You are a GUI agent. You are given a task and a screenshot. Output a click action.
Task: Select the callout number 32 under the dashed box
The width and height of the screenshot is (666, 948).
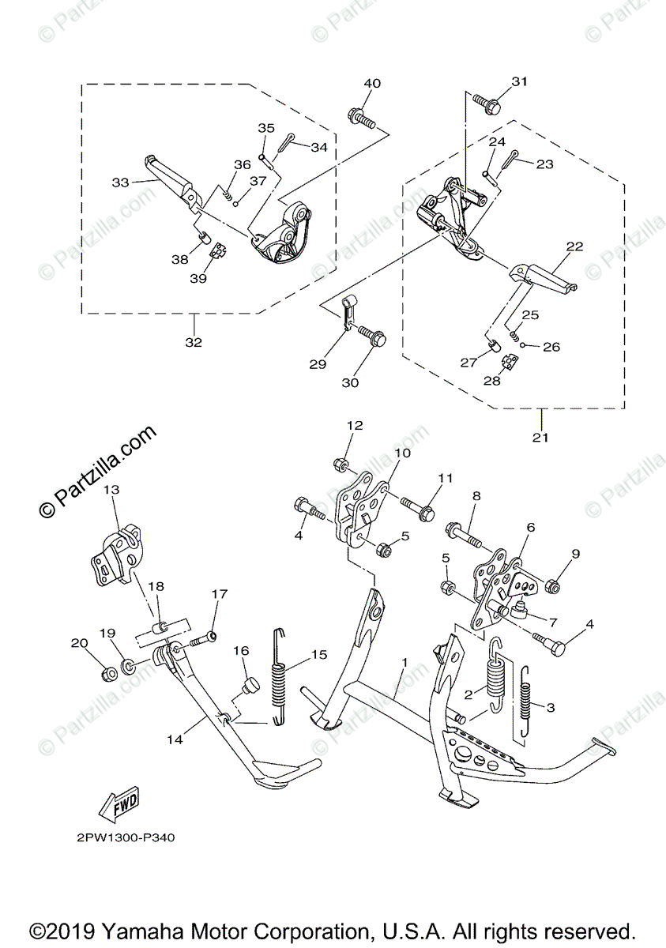click(193, 342)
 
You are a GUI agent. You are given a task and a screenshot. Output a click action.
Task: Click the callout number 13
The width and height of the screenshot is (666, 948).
click(111, 491)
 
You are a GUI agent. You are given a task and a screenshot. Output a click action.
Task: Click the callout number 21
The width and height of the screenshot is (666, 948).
click(540, 437)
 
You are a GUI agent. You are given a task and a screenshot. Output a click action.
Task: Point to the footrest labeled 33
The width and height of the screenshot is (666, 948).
click(171, 178)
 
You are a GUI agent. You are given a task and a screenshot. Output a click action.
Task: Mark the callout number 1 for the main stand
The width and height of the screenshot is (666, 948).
click(404, 660)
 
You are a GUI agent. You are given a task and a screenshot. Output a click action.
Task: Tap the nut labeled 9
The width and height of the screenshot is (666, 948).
click(554, 585)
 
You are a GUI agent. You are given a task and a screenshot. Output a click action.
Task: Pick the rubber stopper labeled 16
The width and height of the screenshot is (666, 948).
click(249, 683)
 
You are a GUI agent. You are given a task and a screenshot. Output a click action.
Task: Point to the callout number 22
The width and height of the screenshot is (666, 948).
click(574, 246)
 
